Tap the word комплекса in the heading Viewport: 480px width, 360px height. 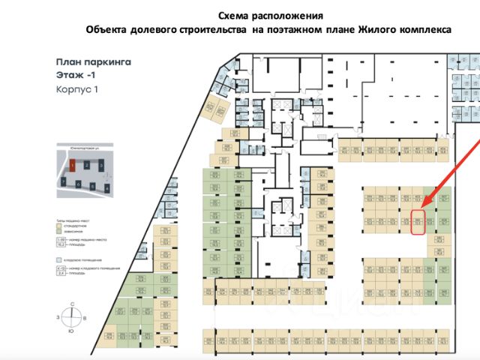424,30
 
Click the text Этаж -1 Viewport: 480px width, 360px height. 75,76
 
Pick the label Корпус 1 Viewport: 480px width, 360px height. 77,88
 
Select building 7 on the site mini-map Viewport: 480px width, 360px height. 64,181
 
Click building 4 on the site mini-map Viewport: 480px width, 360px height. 107,187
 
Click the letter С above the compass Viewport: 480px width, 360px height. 72,304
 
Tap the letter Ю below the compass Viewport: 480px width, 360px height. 72,330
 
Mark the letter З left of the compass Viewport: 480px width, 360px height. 58,318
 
